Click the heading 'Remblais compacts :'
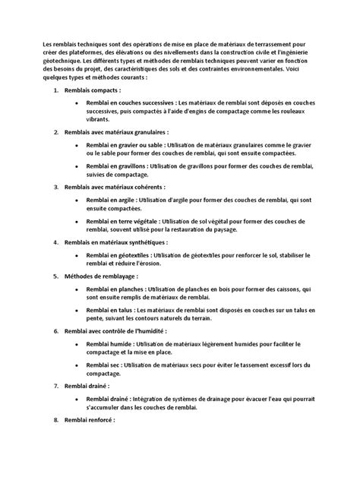[x=98, y=90]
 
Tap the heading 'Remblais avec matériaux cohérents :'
[x=122, y=186]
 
